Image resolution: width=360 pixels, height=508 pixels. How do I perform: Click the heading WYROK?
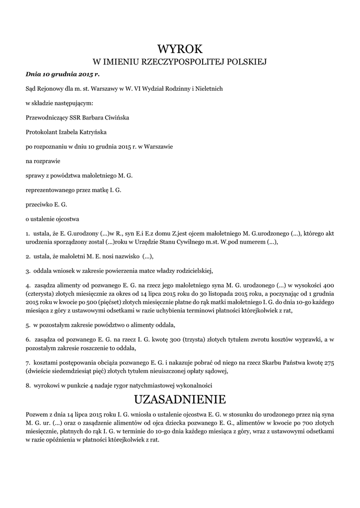(180, 49)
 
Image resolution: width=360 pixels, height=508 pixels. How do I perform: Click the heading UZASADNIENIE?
(180, 399)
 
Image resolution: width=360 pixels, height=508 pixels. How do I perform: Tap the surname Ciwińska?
(117, 118)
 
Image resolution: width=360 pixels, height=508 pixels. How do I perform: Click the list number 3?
(27, 271)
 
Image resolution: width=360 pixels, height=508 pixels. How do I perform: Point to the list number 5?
(27, 325)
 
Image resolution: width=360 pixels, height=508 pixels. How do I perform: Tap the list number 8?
(27, 385)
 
